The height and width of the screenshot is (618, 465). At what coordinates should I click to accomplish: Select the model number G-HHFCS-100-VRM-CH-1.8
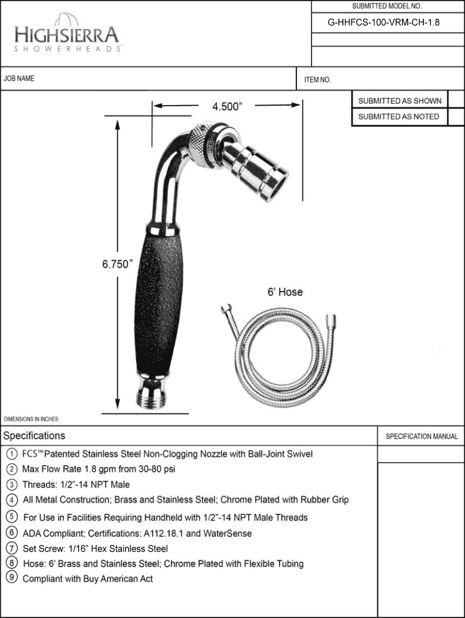(x=383, y=22)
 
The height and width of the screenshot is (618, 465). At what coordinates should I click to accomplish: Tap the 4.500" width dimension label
(x=227, y=106)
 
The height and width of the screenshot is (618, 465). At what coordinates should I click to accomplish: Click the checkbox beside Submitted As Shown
(x=457, y=101)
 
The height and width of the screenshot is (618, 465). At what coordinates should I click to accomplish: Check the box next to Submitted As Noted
(x=457, y=117)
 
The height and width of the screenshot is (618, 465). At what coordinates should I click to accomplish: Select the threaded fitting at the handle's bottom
(x=152, y=397)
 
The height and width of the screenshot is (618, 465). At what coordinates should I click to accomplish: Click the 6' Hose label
(x=285, y=292)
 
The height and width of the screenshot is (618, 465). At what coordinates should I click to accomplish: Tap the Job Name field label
(x=19, y=78)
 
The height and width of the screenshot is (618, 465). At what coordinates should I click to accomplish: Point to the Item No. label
(x=318, y=80)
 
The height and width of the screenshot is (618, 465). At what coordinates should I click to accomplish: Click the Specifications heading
(x=34, y=436)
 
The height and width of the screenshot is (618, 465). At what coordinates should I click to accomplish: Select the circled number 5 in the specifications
(x=12, y=517)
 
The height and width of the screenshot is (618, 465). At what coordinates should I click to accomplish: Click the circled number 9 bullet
(x=12, y=578)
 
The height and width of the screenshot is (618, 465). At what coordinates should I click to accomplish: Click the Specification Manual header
(x=422, y=436)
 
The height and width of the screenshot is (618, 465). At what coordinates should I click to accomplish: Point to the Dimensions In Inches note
(x=31, y=419)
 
